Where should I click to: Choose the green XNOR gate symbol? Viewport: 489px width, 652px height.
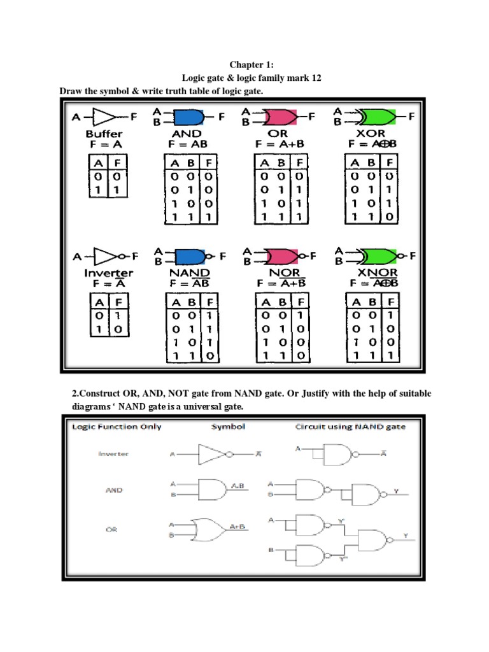[x=376, y=257]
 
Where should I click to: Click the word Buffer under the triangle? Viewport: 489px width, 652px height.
[x=104, y=134]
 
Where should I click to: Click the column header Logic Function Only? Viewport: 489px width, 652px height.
[x=113, y=427]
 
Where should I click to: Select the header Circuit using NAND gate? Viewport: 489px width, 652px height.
[x=350, y=427]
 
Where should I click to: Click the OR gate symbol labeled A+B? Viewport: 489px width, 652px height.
[x=208, y=527]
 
